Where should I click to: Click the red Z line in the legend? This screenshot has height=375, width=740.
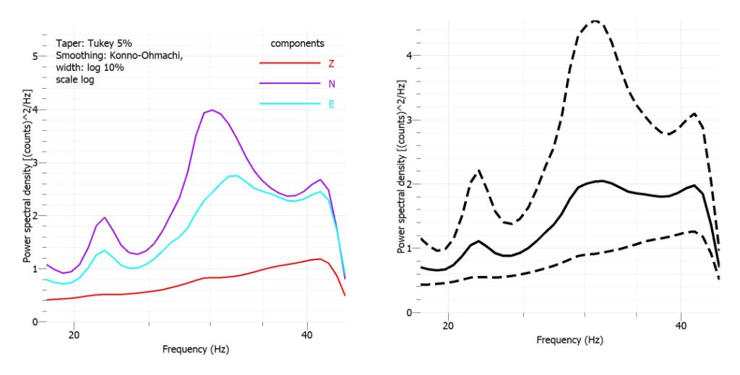[289, 63]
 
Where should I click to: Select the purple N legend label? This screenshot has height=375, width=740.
[332, 84]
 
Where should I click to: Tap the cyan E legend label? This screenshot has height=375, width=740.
[332, 104]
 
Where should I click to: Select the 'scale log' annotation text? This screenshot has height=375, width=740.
[74, 80]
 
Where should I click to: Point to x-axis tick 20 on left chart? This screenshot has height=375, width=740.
[74, 335]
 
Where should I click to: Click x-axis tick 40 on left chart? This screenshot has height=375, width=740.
[308, 335]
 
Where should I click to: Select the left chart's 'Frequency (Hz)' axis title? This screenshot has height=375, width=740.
[195, 350]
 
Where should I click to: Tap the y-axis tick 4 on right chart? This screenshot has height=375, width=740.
[408, 56]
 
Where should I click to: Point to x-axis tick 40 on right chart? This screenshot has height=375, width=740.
[681, 327]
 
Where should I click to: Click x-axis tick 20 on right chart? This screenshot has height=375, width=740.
[448, 327]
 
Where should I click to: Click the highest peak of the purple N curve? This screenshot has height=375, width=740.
[212, 110]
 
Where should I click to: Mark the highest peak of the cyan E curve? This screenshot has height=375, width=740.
[233, 176]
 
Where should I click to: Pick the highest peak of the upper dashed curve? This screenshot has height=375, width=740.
[595, 21]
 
